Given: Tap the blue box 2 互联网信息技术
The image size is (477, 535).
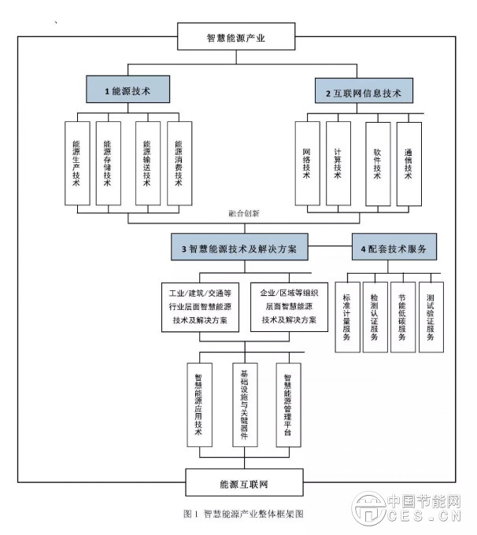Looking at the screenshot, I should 363,93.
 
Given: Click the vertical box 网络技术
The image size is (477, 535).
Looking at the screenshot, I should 306,164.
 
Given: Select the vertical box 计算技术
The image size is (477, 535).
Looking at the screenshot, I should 338,164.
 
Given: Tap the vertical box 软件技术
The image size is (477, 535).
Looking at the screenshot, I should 378,164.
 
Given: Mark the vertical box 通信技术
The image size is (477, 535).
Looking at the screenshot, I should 409,164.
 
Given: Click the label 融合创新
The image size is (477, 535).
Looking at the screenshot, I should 243,213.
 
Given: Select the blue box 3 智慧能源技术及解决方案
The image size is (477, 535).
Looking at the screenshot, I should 239,249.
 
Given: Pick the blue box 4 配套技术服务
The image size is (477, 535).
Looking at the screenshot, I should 393,249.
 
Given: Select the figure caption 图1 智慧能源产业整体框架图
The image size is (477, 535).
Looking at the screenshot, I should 242,514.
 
